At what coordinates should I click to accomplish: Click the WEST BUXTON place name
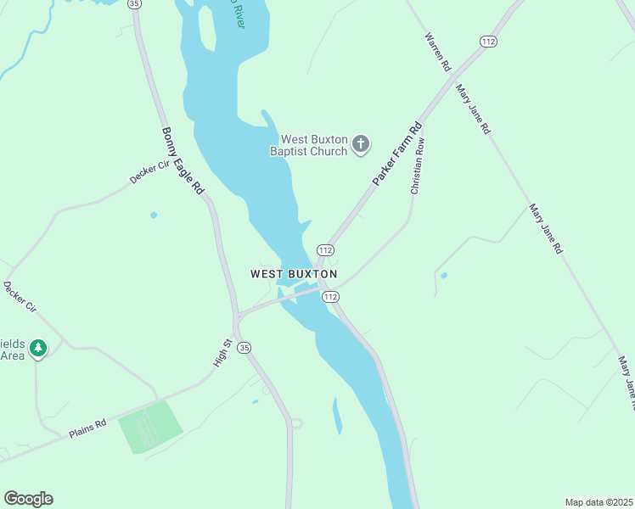294,274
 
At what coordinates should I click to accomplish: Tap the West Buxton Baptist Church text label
314,145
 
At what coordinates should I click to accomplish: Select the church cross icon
361,144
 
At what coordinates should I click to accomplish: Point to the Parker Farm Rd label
396,154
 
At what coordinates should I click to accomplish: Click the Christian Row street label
417,167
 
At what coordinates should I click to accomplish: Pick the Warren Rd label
438,53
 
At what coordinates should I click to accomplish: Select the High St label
222,353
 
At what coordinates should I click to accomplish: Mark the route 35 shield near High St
244,348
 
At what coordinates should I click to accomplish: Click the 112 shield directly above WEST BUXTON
325,249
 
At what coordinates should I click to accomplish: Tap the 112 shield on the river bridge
331,297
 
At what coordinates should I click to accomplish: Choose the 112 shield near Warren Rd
487,42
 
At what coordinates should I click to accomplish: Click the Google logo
28,499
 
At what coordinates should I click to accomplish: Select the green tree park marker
37,348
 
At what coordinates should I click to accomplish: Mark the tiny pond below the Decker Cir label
154,215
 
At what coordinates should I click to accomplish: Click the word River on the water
227,11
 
